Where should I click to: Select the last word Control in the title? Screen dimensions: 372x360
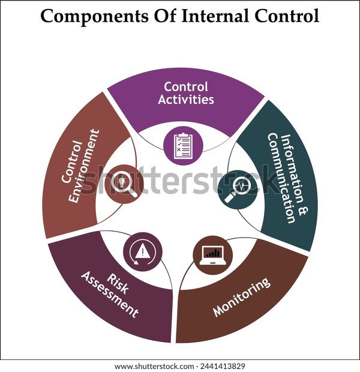(x=287, y=16)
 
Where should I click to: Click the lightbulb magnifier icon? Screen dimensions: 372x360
(x=124, y=183)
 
